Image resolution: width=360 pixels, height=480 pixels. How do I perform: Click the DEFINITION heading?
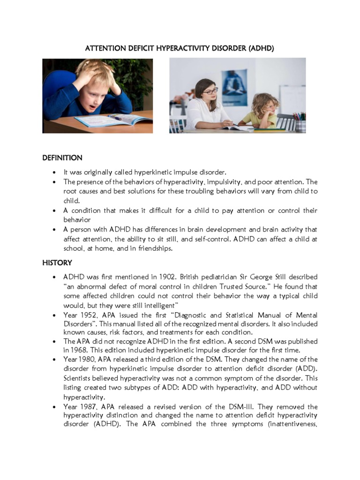(62, 157)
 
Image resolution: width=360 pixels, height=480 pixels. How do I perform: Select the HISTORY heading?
(57, 262)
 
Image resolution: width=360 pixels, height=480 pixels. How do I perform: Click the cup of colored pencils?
(300, 122)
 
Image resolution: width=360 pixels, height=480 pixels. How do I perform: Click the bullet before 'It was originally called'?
(55, 172)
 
